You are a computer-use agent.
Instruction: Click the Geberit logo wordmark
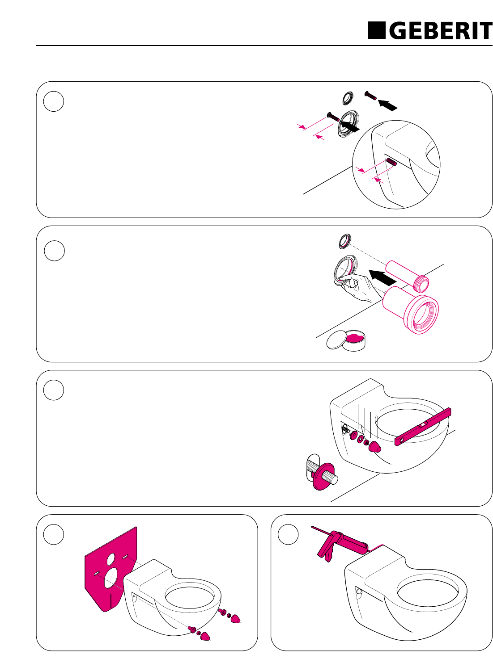click(441, 30)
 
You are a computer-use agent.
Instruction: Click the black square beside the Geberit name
click(376, 30)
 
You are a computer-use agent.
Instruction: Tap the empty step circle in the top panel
click(53, 101)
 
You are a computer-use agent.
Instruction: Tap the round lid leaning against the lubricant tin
click(337, 340)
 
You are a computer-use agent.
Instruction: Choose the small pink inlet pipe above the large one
click(408, 276)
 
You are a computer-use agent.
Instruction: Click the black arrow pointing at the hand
click(382, 277)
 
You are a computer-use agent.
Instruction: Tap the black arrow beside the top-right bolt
click(387, 105)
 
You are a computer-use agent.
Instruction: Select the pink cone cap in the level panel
click(375, 447)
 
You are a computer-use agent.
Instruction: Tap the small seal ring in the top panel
click(348, 98)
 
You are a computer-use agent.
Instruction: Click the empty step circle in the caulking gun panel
click(288, 534)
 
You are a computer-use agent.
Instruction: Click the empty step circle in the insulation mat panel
click(53, 534)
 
